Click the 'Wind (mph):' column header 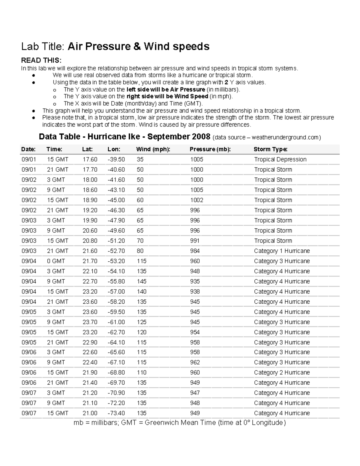pos(153,149)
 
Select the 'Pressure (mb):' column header pos(210,149)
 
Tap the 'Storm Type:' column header pos(270,149)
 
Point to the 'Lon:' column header pos(114,149)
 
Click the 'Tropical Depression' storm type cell pos(280,159)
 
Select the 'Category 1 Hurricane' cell pos(282,251)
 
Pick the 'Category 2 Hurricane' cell pos(282,372)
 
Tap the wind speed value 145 pos(142,281)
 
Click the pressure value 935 pos(195,281)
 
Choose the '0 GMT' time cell pos(56,261)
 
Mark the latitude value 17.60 pos(90,159)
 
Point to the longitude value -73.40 pos(116,413)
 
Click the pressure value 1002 pos(196,200)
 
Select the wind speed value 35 pos(140,159)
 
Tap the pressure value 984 pos(195,251)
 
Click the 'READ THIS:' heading pos(41,61)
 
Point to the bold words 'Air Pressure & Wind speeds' pos(139,47)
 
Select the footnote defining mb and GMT pos(180,423)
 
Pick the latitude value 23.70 pos(90,322)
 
